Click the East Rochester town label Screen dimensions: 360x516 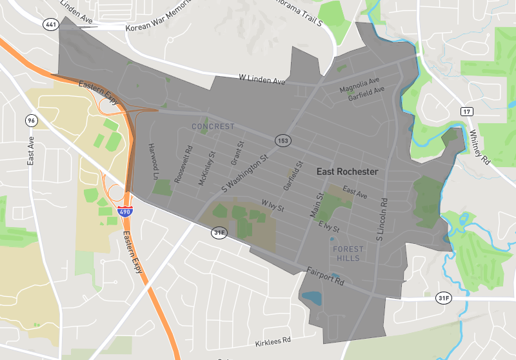[347, 172]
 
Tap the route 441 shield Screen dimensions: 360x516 [50, 24]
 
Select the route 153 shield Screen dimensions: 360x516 [283, 140]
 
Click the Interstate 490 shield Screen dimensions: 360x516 [125, 211]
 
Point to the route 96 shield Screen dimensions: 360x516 [31, 121]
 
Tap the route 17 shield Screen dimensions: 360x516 [466, 112]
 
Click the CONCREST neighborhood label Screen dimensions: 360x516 [213, 126]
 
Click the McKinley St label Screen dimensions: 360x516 [206, 168]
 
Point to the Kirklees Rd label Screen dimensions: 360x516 [273, 339]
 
